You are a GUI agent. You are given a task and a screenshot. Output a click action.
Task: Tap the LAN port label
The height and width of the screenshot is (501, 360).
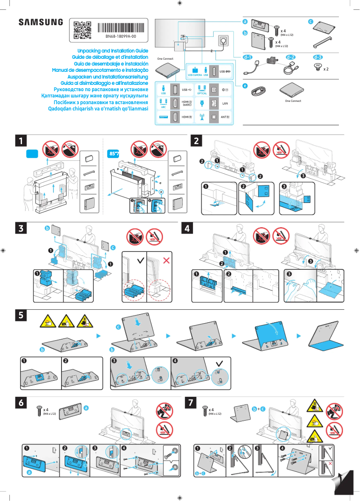pyautogui.click(x=225, y=104)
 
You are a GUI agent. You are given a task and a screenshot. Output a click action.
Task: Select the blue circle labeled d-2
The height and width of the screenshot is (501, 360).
pyautogui.click(x=291, y=57)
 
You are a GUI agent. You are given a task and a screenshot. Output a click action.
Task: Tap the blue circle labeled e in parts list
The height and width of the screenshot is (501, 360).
pyautogui.click(x=245, y=85)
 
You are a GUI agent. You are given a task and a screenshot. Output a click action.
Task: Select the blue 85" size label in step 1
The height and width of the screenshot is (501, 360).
pyautogui.click(x=114, y=154)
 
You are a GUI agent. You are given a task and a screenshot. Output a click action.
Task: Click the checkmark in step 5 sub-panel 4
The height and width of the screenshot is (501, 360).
pyautogui.click(x=219, y=363)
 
